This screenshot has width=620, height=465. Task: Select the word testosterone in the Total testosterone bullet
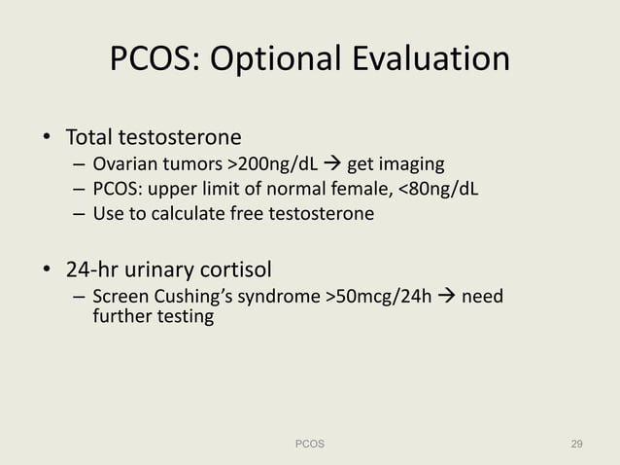click(180, 135)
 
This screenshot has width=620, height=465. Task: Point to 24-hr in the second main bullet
click(92, 268)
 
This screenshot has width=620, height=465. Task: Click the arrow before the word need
click(447, 296)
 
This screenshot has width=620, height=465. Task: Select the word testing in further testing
click(182, 317)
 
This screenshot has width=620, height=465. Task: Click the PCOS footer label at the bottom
click(310, 444)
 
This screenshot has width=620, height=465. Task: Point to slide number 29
click(576, 444)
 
